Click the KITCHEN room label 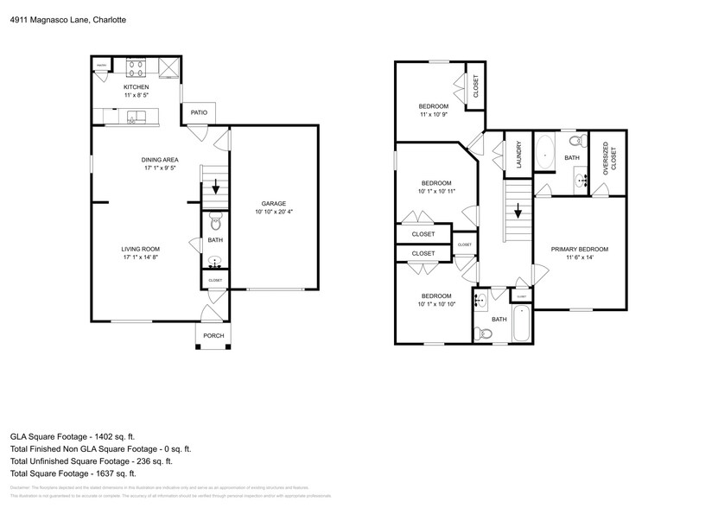136,87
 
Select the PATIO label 199,112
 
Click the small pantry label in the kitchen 101,66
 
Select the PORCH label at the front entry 213,335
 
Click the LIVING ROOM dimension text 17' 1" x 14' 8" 139,257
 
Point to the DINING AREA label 160,160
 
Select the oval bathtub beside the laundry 545,152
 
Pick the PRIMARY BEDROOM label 580,249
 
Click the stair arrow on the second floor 518,210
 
